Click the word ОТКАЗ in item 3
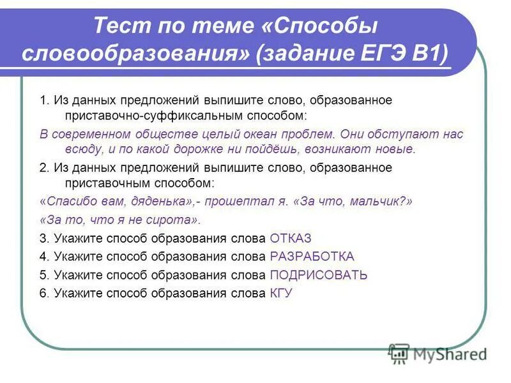tap(291, 239)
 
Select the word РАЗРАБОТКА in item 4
tap(312, 257)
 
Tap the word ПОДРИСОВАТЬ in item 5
tap(319, 275)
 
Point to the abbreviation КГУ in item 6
tap(282, 294)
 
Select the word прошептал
tap(236, 201)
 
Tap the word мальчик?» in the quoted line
tap(381, 201)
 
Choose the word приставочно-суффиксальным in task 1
tap(139, 116)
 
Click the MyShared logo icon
tap(399, 353)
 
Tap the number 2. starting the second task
tap(44, 168)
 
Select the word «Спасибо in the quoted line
tap(66, 201)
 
